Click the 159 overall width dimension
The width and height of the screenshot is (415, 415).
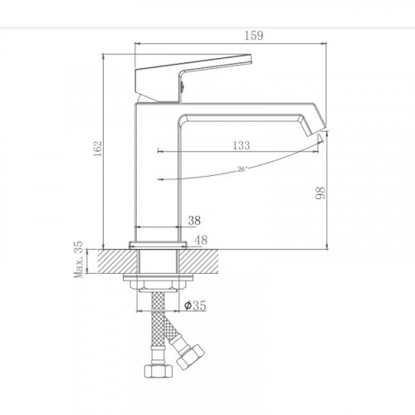232,36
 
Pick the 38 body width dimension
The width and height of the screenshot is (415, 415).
194,222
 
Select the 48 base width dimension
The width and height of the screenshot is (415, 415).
199,241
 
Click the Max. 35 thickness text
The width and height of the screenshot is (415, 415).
80,260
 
